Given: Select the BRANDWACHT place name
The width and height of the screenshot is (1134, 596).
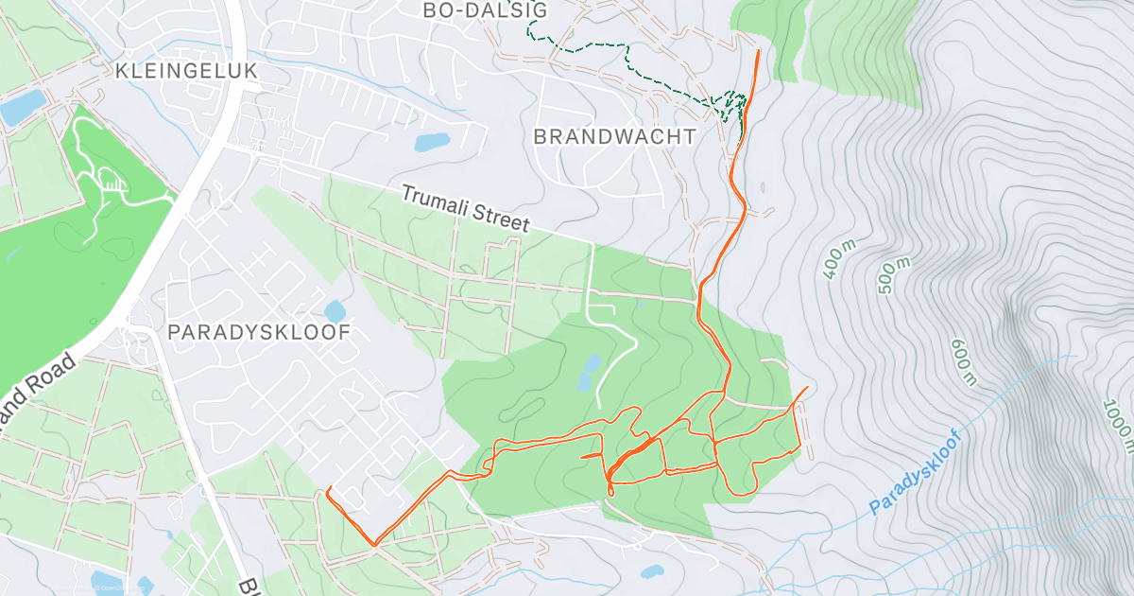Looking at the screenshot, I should pos(614,136).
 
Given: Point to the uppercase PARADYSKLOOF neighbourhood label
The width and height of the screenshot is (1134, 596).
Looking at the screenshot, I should pos(259,332).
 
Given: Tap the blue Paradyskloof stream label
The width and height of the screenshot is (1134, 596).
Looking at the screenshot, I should pos(915,473).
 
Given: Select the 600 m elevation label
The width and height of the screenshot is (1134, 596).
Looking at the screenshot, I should pos(963,362).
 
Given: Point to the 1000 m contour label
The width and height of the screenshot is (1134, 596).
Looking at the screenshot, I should pos(1117,421).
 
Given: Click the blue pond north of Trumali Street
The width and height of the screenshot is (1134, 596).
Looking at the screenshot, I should pos(432,143).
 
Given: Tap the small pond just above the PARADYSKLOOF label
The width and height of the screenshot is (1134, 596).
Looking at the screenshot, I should pos(335,311).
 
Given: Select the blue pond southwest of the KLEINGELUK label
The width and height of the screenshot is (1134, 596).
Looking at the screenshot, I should pos(23,107).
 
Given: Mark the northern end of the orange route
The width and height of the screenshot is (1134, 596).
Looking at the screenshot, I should pos(759,49).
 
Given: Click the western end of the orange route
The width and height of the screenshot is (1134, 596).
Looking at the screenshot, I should pos(327,489).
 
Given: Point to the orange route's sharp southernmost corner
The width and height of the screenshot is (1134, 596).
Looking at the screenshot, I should pos(374,544).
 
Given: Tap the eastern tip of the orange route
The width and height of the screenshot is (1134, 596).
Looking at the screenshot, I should pos(807,387).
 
